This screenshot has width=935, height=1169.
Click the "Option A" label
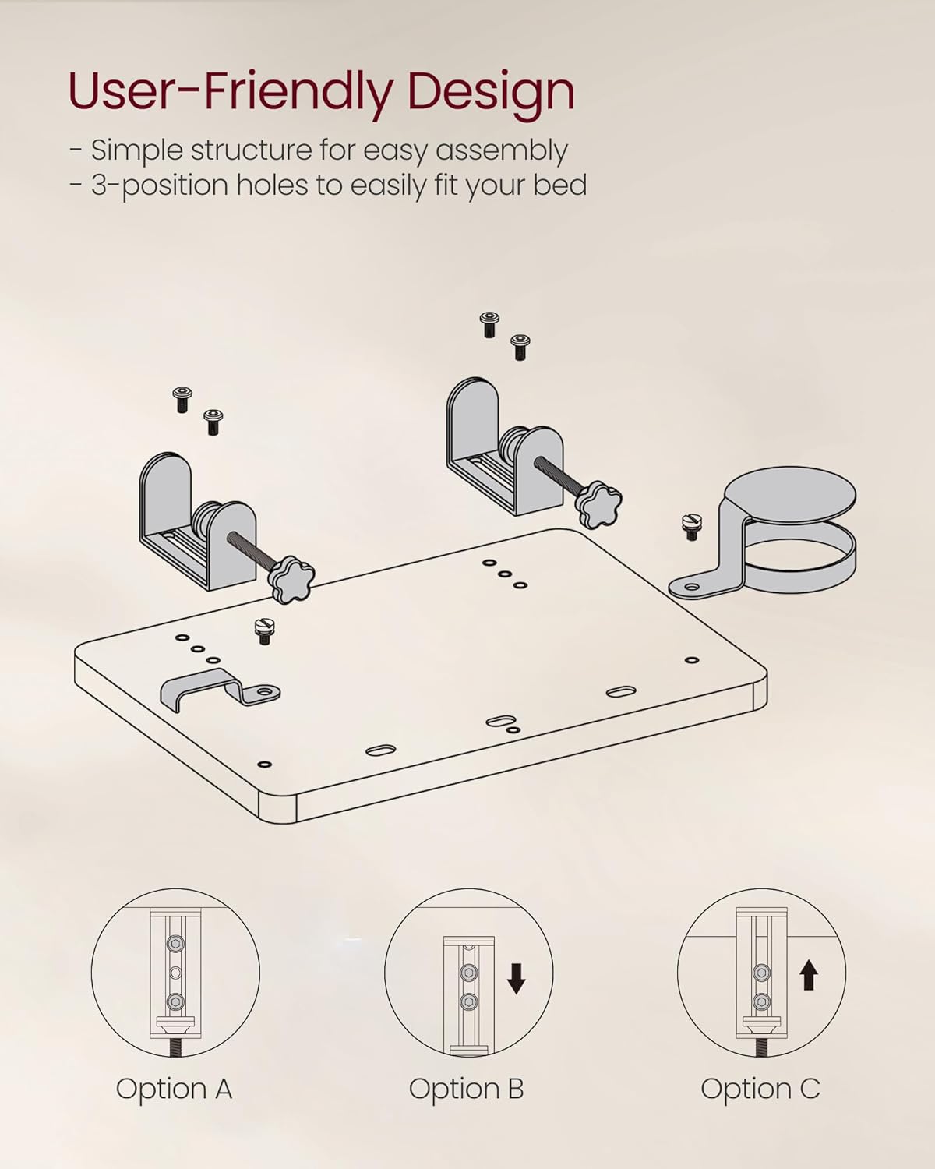[x=174, y=1089]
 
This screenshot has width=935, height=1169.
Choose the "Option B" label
[x=466, y=1089]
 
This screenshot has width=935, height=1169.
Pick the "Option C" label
[x=760, y=1089]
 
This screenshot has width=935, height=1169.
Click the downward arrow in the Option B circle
[x=516, y=978]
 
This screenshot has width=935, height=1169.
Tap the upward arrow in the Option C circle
[x=809, y=974]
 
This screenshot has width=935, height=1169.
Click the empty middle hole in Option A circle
[x=175, y=973]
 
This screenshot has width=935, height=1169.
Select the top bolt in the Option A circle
[x=175, y=944]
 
